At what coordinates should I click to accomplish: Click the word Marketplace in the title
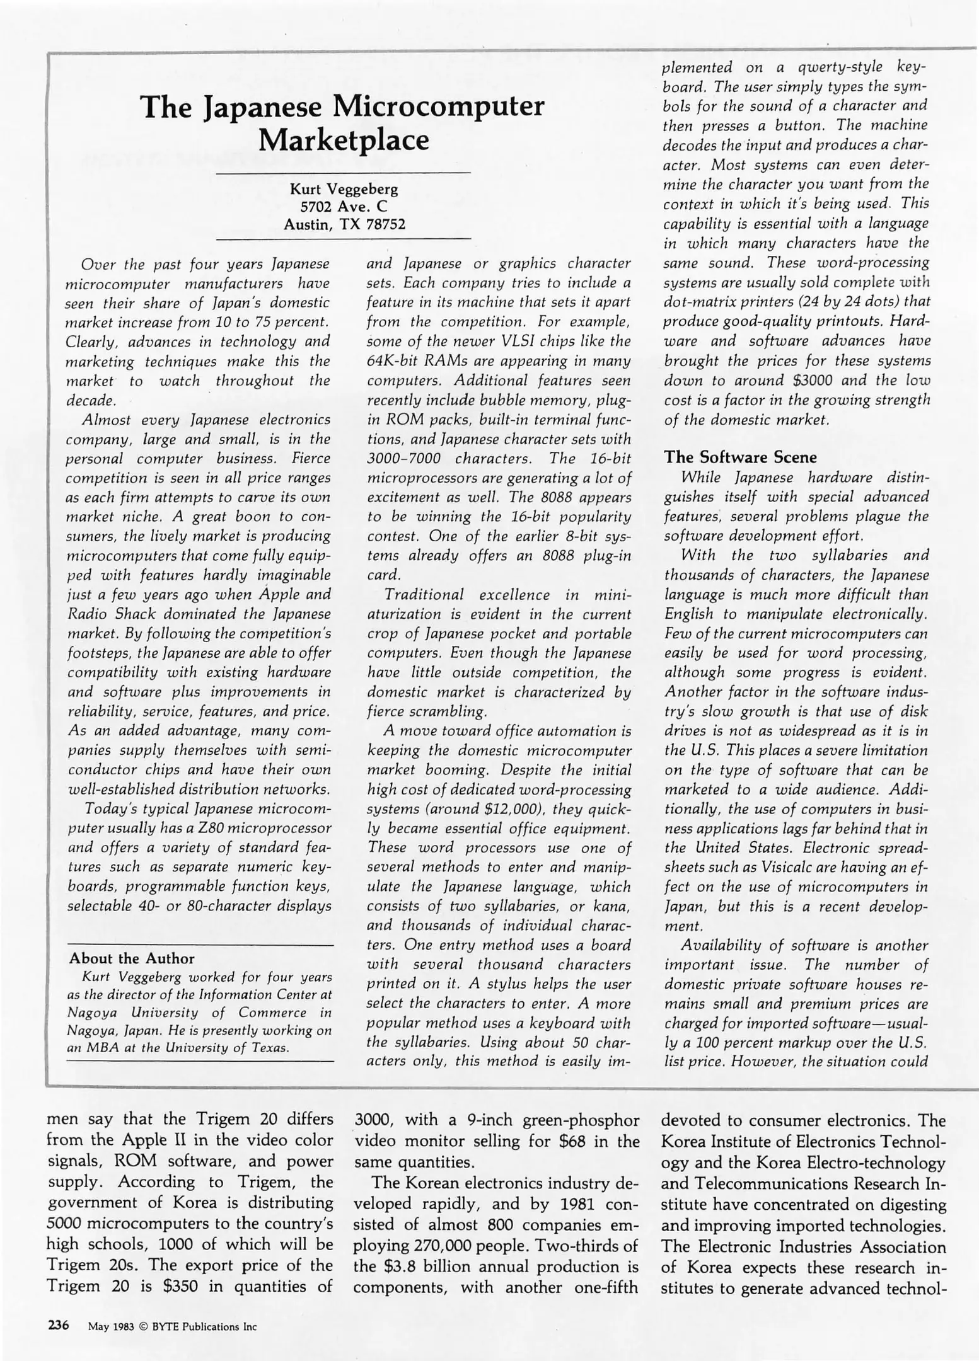(344, 139)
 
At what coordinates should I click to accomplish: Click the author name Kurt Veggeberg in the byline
(344, 188)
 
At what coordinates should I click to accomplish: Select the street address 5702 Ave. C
(344, 206)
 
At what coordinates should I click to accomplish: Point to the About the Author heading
(132, 958)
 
